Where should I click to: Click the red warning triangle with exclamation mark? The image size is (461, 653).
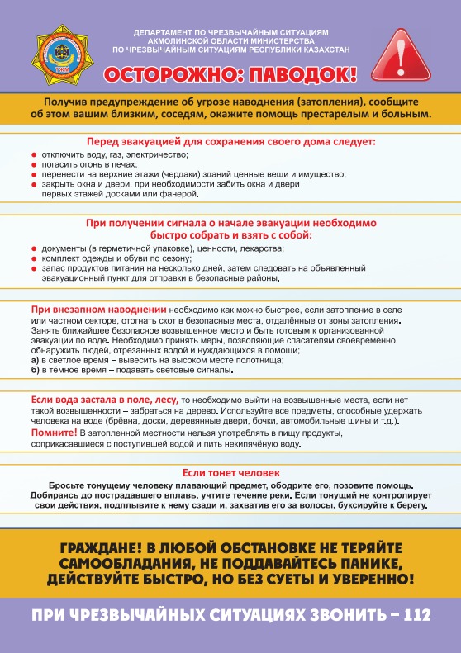(402, 53)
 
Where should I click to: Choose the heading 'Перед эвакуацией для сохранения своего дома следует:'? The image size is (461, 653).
(230, 142)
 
